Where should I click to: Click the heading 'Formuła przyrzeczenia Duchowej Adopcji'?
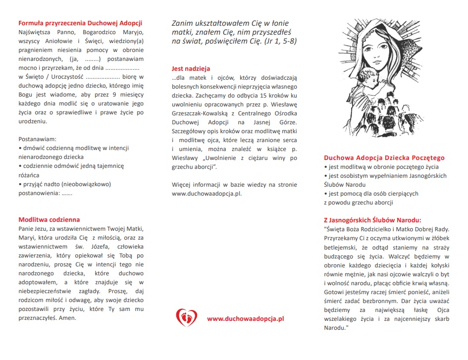pyautogui.click(x=80, y=23)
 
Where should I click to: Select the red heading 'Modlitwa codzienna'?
pyautogui.click(x=49, y=219)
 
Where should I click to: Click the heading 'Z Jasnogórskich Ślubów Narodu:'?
pyautogui.click(x=372, y=220)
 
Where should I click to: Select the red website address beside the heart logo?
pyautogui.click(x=245, y=318)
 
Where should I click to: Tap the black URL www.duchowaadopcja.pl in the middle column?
pyautogui.click(x=207, y=194)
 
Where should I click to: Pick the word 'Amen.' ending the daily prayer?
pyautogui.click(x=68, y=317)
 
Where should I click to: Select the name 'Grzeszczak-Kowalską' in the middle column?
pyautogui.click(x=198, y=113)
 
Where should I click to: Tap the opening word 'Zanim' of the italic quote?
pyautogui.click(x=182, y=23)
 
